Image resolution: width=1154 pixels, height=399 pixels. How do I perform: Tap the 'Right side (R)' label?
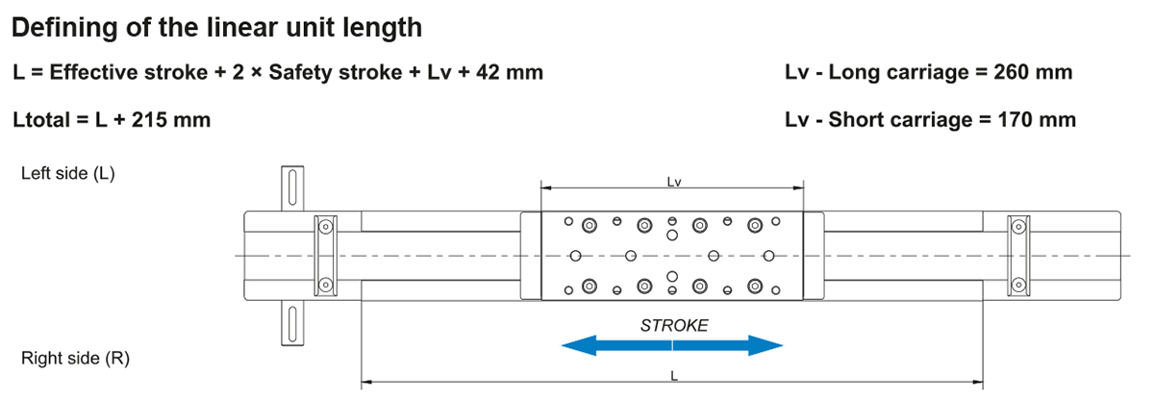tap(75, 359)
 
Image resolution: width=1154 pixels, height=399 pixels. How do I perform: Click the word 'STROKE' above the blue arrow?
tap(673, 325)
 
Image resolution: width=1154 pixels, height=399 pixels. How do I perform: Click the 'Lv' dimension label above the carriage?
tap(673, 180)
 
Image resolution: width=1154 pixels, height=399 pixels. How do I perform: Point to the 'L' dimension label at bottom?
tap(673, 376)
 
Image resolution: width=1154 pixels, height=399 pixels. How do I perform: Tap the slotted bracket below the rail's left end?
tap(288, 323)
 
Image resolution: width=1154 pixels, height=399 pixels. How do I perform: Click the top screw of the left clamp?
tap(326, 227)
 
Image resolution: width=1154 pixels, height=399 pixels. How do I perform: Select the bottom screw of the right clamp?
tap(1017, 284)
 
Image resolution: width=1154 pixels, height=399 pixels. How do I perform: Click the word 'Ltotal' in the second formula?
tap(44, 120)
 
